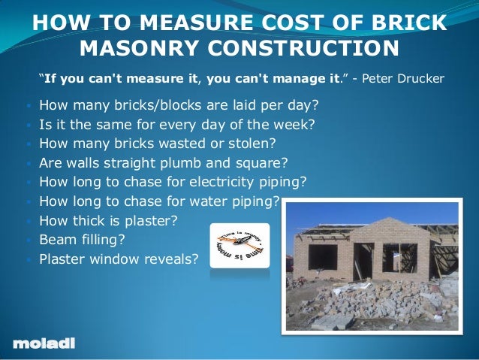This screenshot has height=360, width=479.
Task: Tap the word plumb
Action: [x=212, y=162]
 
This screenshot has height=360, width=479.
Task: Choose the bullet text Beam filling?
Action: [x=83, y=240]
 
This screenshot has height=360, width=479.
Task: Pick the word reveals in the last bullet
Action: [x=173, y=259]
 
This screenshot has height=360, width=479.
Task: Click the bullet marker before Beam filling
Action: [x=27, y=241]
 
